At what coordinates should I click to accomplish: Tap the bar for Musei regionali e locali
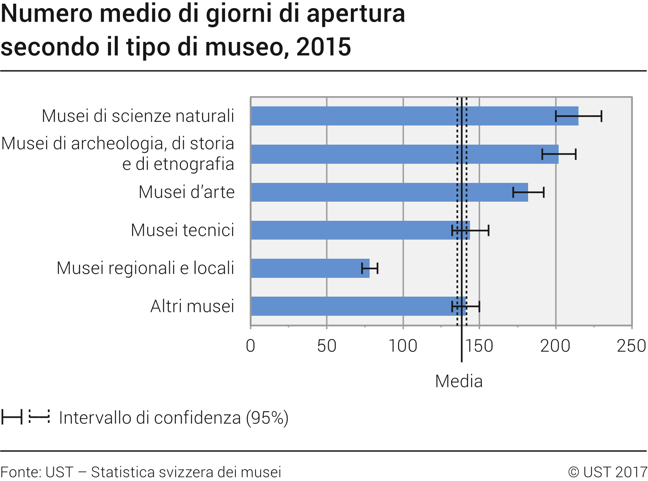point(309,268)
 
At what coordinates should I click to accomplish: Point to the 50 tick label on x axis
point(327,346)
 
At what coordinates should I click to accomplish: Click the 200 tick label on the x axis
point(555,346)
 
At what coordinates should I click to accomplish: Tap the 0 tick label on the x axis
point(250,346)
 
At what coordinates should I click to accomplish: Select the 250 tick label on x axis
point(631,346)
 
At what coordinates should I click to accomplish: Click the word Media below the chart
point(459,381)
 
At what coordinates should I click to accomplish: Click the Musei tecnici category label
point(182,230)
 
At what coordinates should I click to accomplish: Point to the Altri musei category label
point(192,306)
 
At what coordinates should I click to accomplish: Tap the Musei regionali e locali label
point(145,268)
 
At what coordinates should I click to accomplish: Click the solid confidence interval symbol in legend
point(12,417)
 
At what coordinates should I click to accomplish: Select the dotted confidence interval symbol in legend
point(39,417)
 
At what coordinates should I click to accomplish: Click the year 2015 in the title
point(323,47)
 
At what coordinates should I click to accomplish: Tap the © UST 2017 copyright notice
point(607,472)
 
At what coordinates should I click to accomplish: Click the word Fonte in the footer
point(21,472)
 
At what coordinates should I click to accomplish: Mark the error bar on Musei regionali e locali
point(370,269)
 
